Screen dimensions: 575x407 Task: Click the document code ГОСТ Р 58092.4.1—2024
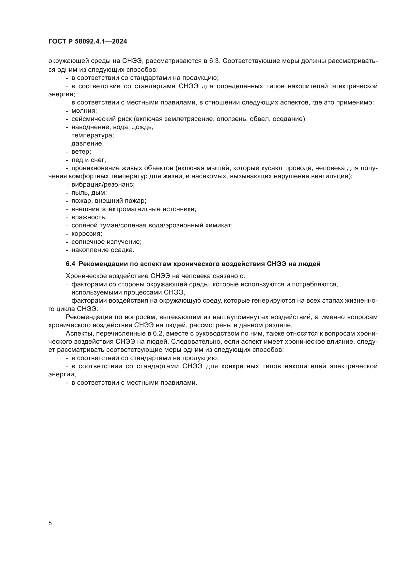[x=88, y=42]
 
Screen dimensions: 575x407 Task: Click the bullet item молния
[x=84, y=111]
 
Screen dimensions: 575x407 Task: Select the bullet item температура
[x=93, y=135]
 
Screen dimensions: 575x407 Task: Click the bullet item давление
[x=87, y=144]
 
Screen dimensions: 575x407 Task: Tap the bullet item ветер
[x=81, y=152]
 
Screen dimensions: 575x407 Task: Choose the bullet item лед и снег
[x=89, y=160]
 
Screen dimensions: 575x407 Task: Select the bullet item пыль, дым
[x=89, y=193]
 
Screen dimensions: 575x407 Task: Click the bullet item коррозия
[x=87, y=234]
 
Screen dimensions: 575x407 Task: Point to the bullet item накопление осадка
[x=103, y=250]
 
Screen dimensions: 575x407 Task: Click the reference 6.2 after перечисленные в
[x=158, y=334]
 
